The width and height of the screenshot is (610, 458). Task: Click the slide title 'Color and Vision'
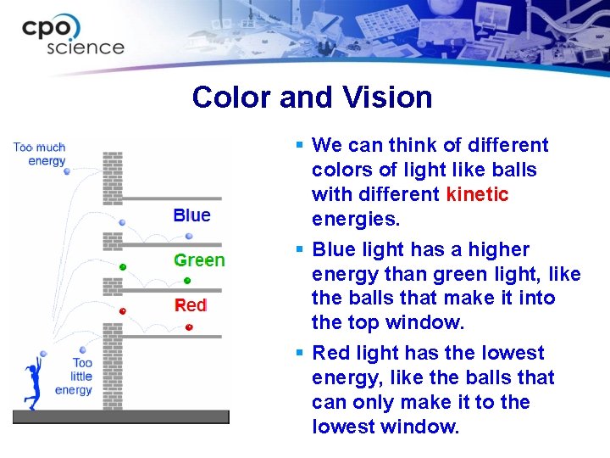click(312, 98)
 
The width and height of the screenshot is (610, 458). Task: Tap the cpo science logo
click(73, 36)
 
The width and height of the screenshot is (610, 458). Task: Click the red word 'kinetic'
click(477, 195)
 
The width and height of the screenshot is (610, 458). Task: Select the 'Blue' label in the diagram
click(191, 215)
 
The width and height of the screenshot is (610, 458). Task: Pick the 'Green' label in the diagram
click(199, 260)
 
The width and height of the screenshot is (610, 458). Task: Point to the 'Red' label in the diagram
click(191, 305)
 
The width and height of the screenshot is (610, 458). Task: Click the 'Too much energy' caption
click(40, 154)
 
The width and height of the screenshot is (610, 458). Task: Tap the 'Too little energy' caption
click(75, 377)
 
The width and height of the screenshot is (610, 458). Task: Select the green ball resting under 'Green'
click(188, 281)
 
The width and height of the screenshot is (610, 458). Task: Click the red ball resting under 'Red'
click(189, 327)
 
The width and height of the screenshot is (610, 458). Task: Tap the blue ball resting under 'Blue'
click(189, 237)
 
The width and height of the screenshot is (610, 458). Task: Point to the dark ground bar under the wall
click(120, 416)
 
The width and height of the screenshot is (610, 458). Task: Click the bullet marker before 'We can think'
click(301, 146)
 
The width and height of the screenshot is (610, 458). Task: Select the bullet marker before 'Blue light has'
click(301, 250)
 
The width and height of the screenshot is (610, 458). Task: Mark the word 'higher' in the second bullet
click(501, 250)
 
